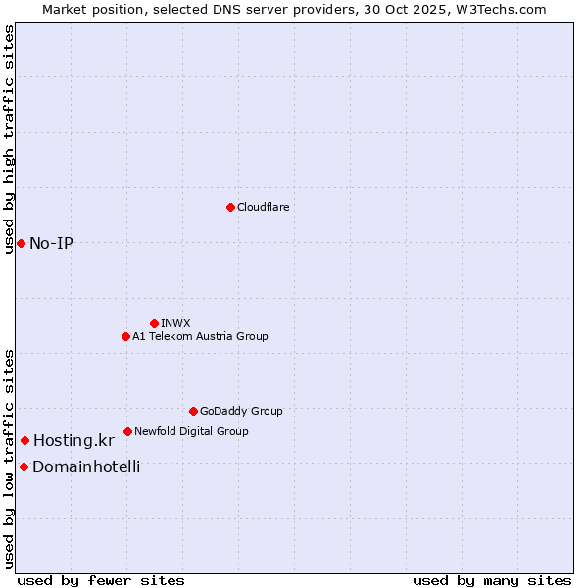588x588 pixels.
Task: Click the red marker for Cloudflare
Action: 230,207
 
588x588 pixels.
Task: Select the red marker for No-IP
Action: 21,243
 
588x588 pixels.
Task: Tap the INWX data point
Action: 154,323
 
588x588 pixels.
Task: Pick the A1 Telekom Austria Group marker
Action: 125,336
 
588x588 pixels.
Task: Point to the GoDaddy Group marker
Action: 193,411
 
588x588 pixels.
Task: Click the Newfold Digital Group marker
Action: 127,431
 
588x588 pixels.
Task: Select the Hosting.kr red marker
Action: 24,440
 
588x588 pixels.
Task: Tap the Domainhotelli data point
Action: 24,466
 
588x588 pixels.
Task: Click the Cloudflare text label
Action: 264,207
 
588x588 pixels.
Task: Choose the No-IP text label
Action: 51,243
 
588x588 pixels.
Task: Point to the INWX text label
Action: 175,323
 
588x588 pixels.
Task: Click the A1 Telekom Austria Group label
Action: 200,336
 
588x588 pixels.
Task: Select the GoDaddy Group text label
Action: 241,411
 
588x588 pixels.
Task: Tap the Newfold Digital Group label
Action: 191,431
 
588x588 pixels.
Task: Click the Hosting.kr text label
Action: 73,440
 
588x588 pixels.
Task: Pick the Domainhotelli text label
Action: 86,466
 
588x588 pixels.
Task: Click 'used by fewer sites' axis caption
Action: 101,580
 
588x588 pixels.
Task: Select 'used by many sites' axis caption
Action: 492,580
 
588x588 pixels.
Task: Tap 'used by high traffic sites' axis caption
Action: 9,139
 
